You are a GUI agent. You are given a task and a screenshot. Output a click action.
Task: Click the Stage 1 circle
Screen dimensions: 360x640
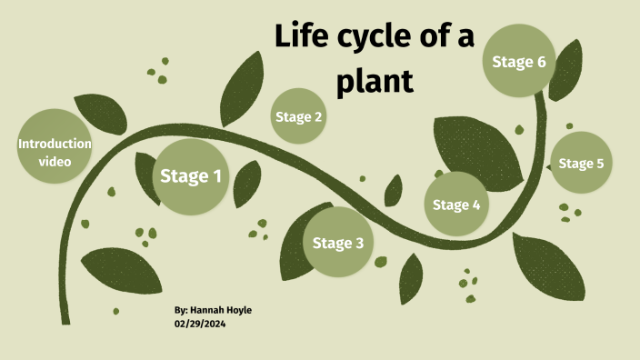[191, 176]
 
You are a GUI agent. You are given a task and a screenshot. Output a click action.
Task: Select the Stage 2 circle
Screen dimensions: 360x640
[299, 116]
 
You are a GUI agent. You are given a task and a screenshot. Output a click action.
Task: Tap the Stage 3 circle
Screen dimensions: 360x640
[338, 243]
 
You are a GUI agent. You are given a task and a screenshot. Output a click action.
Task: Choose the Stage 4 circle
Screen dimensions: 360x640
[456, 205]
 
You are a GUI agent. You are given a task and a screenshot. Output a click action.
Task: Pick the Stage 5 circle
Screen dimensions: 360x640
[581, 164]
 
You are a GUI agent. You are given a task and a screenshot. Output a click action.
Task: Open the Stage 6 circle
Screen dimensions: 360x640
[519, 62]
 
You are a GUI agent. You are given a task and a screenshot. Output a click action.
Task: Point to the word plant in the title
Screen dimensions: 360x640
[375, 82]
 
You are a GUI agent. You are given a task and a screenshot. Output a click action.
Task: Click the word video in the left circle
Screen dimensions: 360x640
[55, 161]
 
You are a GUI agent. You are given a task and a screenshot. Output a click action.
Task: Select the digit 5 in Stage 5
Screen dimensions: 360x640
[599, 164]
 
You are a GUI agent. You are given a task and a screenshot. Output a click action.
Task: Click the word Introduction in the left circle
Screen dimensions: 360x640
[55, 144]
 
